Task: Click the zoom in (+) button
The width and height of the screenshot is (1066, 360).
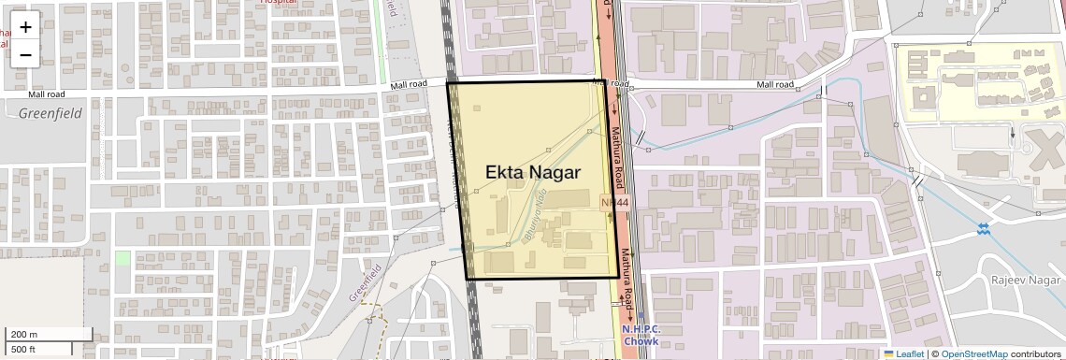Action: coord(25,26)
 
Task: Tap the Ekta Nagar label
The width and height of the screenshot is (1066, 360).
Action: coord(533,173)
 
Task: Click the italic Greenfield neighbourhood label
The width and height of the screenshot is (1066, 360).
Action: coord(50,113)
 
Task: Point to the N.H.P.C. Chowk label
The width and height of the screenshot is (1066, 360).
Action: coord(641,335)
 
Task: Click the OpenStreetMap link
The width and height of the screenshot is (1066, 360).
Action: coord(974,353)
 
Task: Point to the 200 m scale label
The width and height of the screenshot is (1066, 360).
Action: coord(24,334)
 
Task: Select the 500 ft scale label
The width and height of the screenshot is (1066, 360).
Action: coord(24,349)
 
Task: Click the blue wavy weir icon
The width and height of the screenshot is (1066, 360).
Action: coord(983,228)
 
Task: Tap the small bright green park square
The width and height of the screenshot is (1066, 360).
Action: coord(122,257)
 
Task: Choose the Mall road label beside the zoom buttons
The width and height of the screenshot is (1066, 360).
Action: coord(47,94)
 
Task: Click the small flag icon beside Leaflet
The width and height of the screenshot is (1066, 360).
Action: coord(889,353)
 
